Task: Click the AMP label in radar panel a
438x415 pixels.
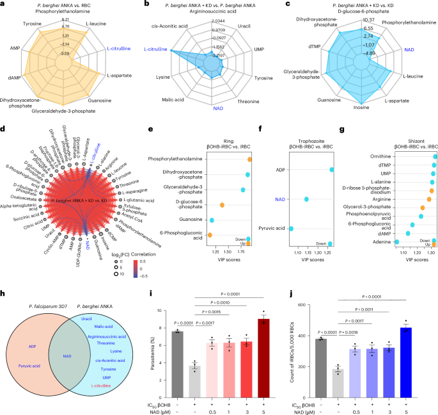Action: (15, 48)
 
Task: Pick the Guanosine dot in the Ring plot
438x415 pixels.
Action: (212, 220)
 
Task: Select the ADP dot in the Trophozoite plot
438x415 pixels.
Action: (332, 170)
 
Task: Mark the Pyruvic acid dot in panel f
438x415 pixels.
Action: (292, 229)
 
